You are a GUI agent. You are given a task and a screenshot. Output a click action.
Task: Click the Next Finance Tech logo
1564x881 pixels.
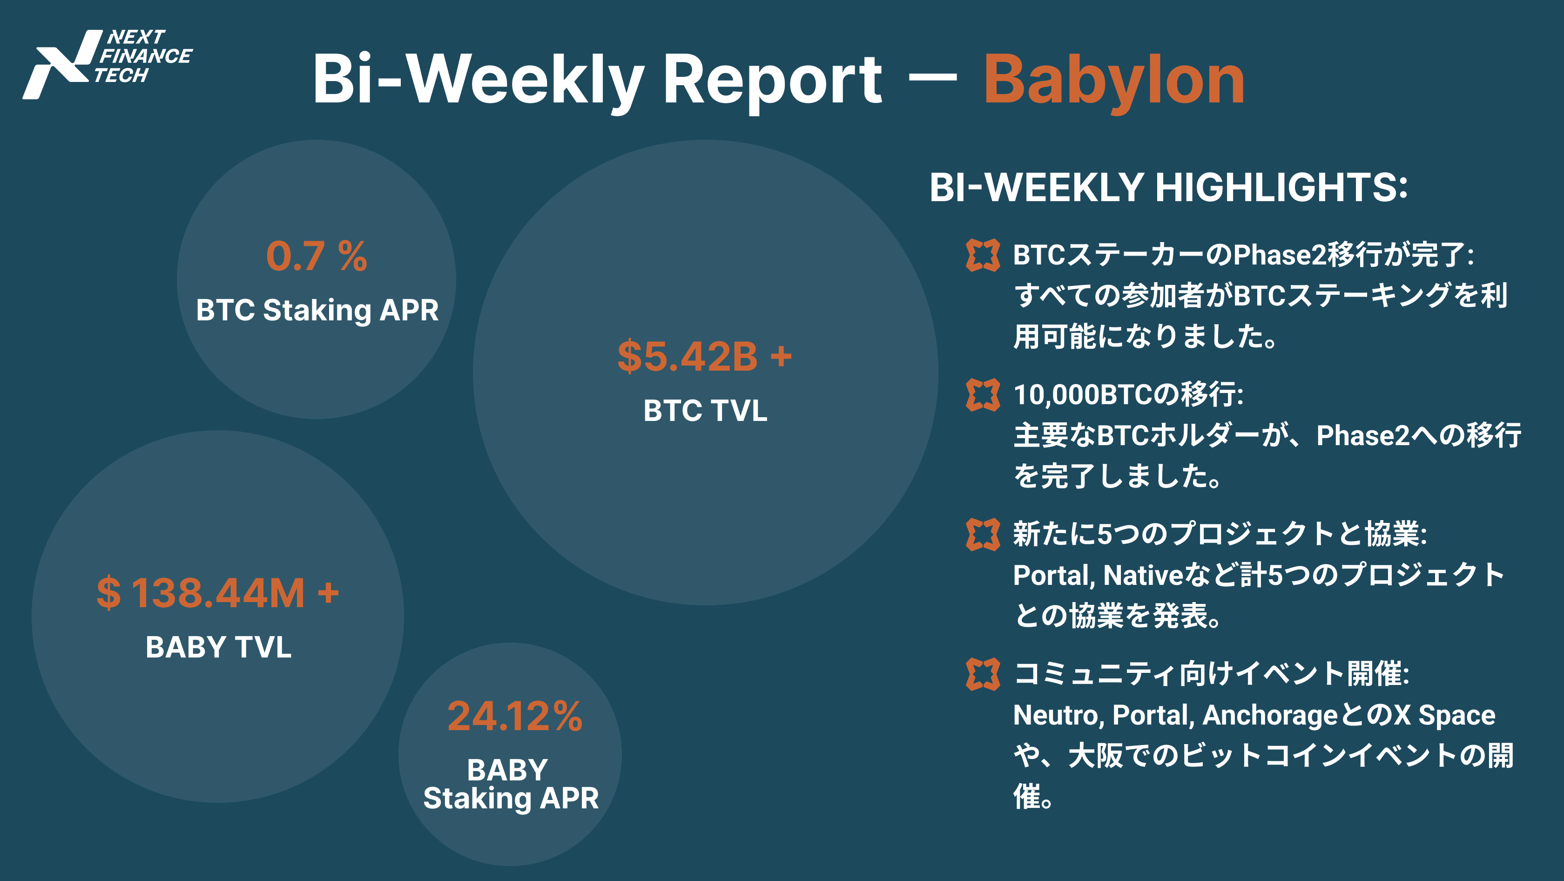pyautogui.click(x=108, y=64)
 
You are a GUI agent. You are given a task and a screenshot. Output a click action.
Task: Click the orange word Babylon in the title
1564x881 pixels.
pyautogui.click(x=1114, y=81)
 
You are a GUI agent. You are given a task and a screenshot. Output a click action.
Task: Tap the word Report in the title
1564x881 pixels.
pyautogui.click(x=772, y=81)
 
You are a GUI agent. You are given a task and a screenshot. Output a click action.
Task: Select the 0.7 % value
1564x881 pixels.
pyautogui.click(x=317, y=256)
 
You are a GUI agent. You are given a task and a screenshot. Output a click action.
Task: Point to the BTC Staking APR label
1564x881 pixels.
pyautogui.click(x=317, y=310)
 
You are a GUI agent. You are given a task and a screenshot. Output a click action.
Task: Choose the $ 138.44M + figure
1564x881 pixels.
pyautogui.click(x=218, y=593)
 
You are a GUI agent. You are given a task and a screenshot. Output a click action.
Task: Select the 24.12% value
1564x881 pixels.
pyautogui.click(x=515, y=717)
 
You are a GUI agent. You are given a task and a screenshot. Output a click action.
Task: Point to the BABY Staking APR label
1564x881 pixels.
pyautogui.click(x=511, y=784)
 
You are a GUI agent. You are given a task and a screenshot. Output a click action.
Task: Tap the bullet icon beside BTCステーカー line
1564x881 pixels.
pyautogui.click(x=982, y=255)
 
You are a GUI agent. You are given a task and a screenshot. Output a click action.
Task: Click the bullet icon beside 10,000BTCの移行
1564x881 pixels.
pyautogui.click(x=982, y=395)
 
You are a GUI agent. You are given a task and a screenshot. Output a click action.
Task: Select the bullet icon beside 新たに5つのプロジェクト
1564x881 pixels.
pyautogui.click(x=982, y=534)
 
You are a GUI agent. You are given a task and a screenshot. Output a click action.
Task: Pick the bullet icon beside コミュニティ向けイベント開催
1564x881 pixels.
pyautogui.click(x=982, y=674)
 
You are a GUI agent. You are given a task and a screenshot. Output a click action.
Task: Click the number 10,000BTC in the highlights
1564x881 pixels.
pyautogui.click(x=1083, y=395)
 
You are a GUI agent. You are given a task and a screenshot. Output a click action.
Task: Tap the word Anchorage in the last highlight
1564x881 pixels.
pyautogui.click(x=1271, y=716)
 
